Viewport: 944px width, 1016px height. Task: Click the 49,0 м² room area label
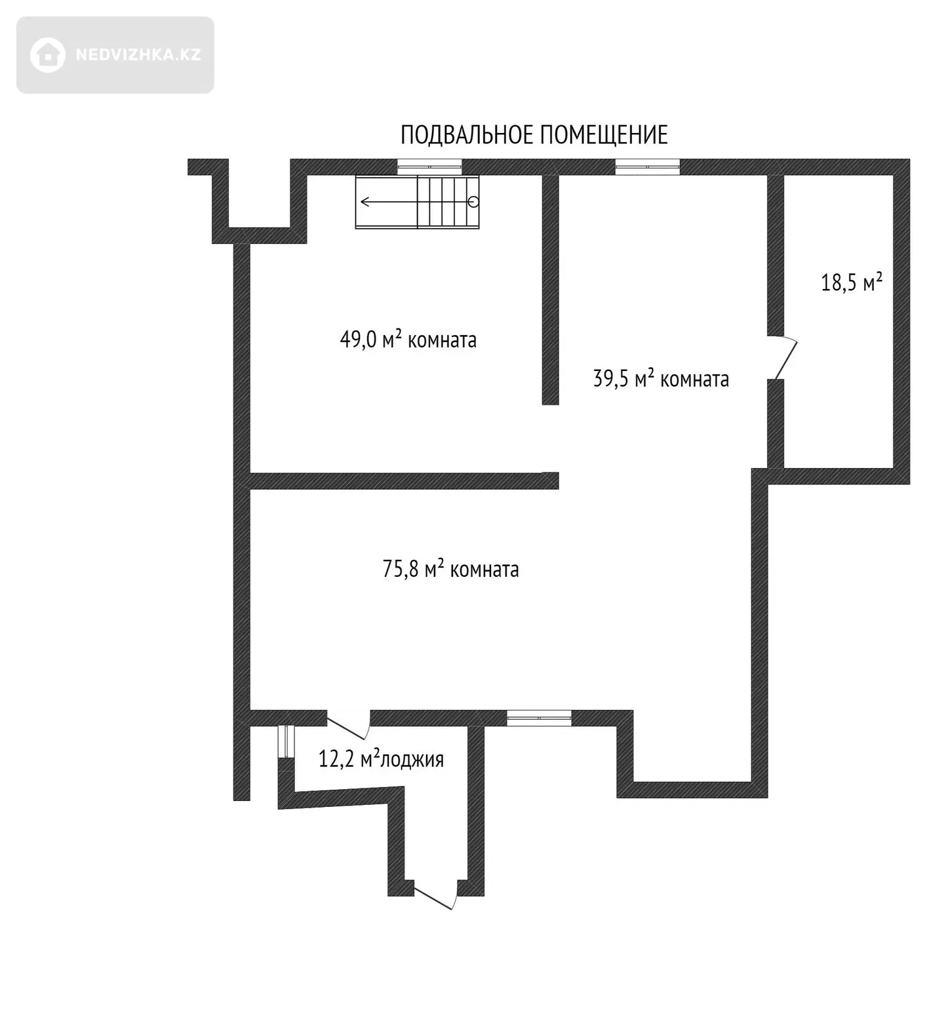pyautogui.click(x=408, y=340)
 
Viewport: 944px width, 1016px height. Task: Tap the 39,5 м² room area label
pyautogui.click(x=661, y=379)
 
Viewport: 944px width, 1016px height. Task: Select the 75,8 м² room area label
pyautogui.click(x=450, y=569)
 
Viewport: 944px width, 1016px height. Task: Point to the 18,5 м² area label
pyautogui.click(x=852, y=283)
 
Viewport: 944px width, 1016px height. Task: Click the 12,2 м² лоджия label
pyautogui.click(x=381, y=760)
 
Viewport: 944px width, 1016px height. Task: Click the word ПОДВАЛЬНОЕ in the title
pyautogui.click(x=467, y=135)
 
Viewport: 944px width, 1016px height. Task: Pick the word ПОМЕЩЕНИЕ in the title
pyautogui.click(x=604, y=135)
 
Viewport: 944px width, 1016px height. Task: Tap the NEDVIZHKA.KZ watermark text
pyautogui.click(x=138, y=55)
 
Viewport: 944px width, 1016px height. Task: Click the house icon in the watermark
pyautogui.click(x=47, y=55)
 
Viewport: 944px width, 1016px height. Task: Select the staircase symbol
pyautogui.click(x=418, y=202)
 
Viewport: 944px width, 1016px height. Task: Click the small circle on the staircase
pyautogui.click(x=474, y=202)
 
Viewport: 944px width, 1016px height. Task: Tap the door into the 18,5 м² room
pyautogui.click(x=785, y=358)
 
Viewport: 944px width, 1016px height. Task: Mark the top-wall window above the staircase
pyautogui.click(x=429, y=166)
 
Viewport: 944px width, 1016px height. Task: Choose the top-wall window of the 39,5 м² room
pyautogui.click(x=647, y=166)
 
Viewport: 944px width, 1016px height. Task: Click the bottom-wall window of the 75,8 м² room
pyautogui.click(x=539, y=718)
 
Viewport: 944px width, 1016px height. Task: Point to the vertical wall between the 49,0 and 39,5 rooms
pyautogui.click(x=550, y=288)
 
